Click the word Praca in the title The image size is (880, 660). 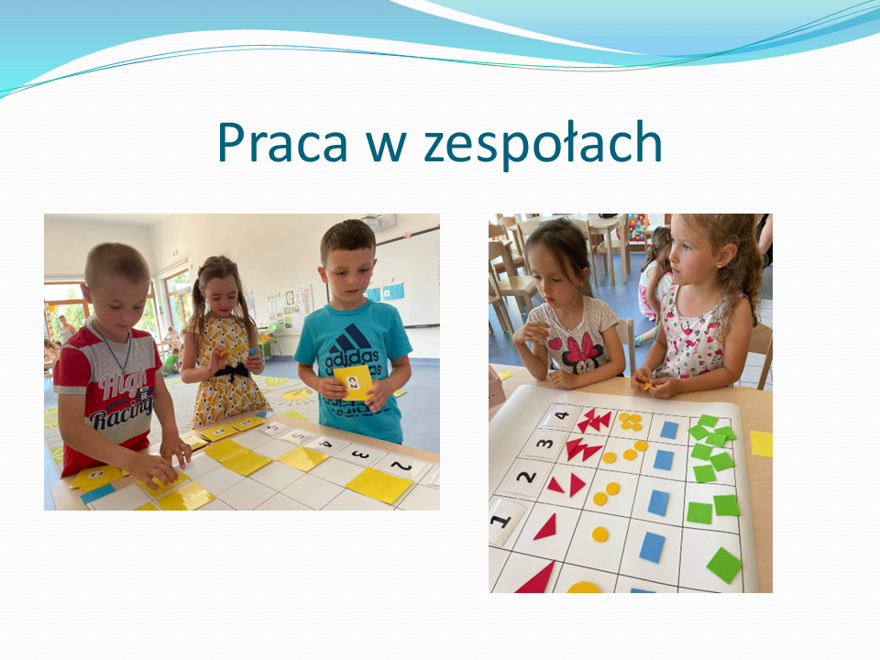point(282,143)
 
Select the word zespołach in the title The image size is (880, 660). point(543,144)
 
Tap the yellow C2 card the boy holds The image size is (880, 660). point(353,382)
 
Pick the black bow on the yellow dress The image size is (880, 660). point(232,372)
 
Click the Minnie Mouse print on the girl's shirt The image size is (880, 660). point(579,351)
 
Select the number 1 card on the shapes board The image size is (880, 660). point(504,521)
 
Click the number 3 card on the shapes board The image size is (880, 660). point(544,445)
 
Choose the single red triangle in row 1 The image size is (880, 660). point(545,528)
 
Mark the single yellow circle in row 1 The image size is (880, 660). point(599,534)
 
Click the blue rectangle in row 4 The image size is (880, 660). point(669,430)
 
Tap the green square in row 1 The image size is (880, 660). point(724,566)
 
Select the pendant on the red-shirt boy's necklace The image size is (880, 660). point(123,372)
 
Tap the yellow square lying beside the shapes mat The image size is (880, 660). point(761,444)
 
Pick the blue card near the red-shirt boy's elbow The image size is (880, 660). point(98,494)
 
